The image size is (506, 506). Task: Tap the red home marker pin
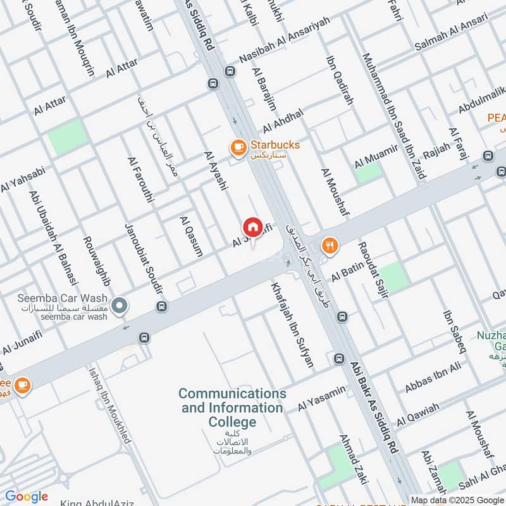252,227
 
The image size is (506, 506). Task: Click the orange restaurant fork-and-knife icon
329,246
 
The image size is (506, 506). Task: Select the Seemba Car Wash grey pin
119,307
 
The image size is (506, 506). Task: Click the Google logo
27,497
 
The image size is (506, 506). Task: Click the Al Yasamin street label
322,397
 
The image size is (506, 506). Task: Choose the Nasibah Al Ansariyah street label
285,48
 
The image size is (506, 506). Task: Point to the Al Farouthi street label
140,180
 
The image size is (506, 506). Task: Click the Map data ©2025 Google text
458,500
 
